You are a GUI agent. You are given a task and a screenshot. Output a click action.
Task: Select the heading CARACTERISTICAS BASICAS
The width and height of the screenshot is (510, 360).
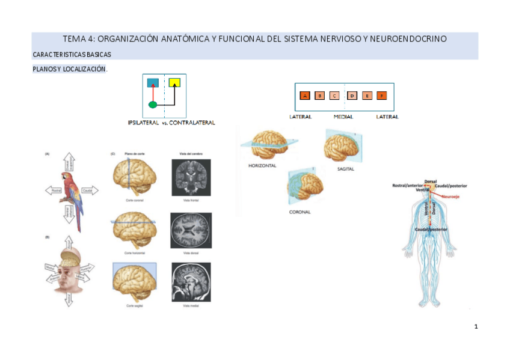pos(72,55)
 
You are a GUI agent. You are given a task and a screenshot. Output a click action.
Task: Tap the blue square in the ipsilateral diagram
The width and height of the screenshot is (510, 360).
pos(153,82)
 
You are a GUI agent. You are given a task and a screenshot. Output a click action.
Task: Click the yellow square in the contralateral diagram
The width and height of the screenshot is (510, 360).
pos(174,82)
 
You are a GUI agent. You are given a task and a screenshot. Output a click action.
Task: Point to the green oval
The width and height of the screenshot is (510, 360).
pos(153,105)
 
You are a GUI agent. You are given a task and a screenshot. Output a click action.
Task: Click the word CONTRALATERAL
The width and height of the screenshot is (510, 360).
pos(192,123)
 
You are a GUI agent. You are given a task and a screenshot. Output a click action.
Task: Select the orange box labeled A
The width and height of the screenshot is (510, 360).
pos(305,96)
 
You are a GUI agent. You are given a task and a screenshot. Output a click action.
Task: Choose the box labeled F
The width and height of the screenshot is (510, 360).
pos(382,96)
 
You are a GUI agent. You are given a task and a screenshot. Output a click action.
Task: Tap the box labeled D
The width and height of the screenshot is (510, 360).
pos(352,96)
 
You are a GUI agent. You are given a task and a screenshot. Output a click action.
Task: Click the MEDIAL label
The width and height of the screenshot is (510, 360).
pos(343,117)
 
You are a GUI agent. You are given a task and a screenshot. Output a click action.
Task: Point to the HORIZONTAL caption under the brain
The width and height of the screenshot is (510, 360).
pos(262,165)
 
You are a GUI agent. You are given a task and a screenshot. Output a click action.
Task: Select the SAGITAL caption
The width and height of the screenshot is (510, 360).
pos(345,169)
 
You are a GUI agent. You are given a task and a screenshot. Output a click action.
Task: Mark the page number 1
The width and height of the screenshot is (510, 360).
pos(476,327)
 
